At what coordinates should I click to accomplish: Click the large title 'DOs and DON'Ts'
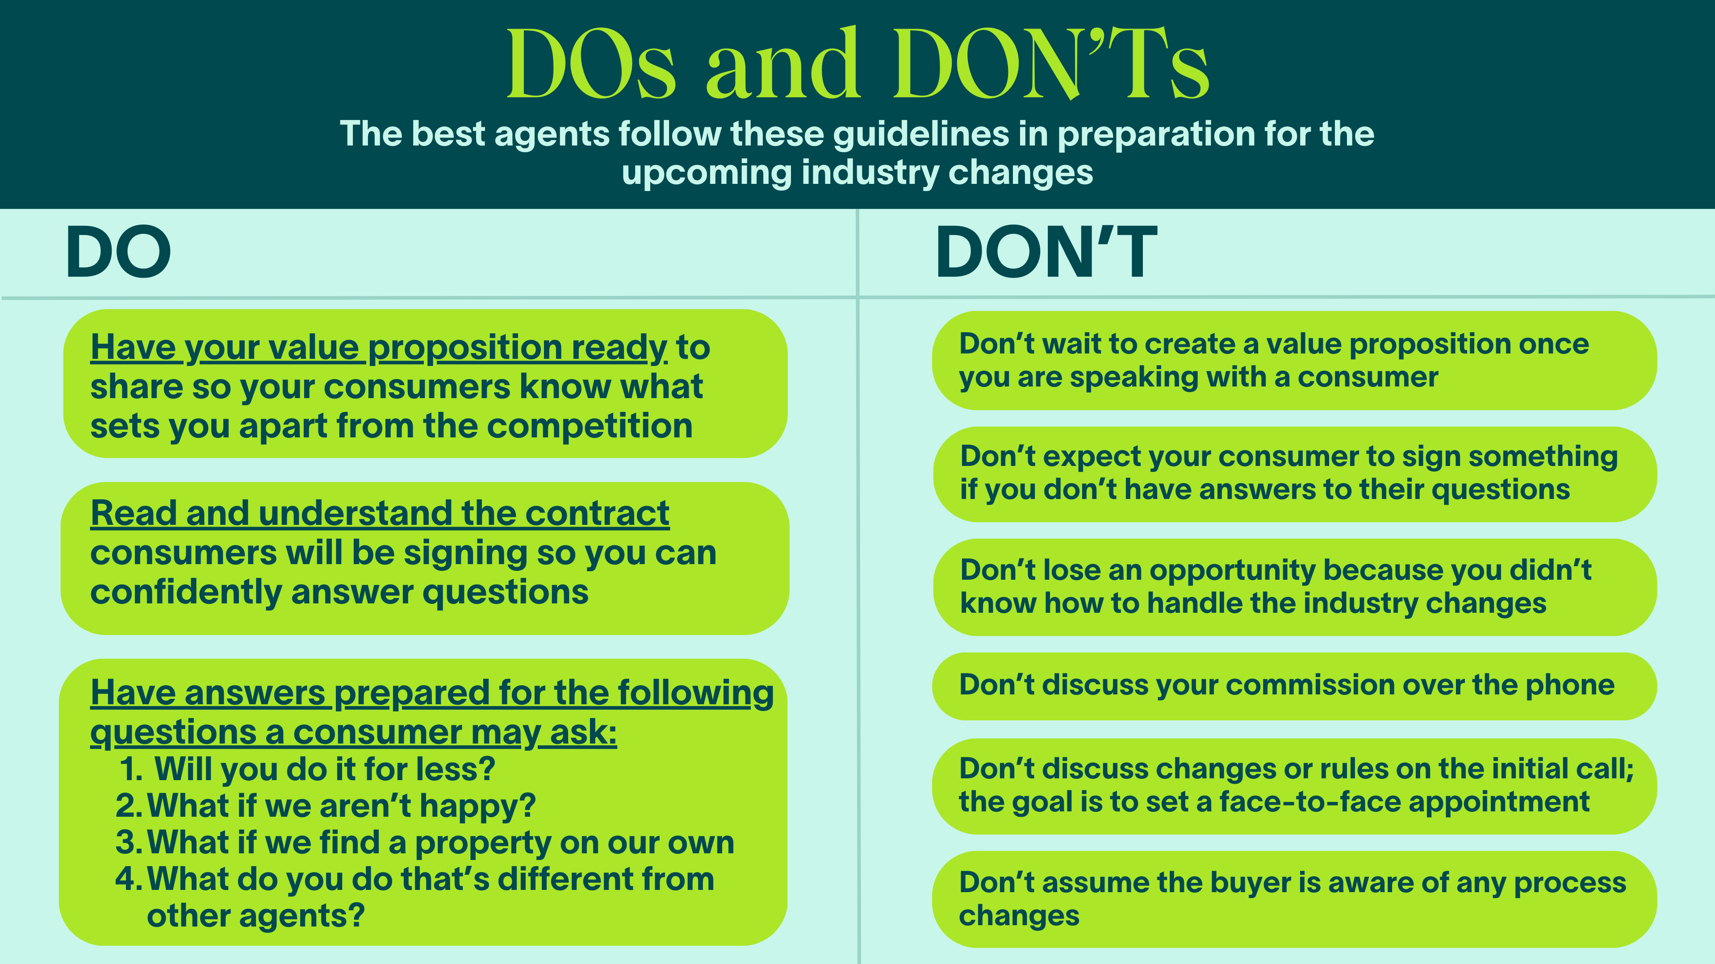tap(857, 65)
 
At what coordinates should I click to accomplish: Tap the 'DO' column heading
tap(118, 252)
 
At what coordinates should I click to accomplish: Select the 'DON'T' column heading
tap(1046, 252)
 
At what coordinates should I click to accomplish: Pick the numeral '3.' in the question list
tap(129, 842)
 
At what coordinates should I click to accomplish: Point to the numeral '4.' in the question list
tap(129, 879)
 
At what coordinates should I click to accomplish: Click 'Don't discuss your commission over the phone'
tap(1287, 685)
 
